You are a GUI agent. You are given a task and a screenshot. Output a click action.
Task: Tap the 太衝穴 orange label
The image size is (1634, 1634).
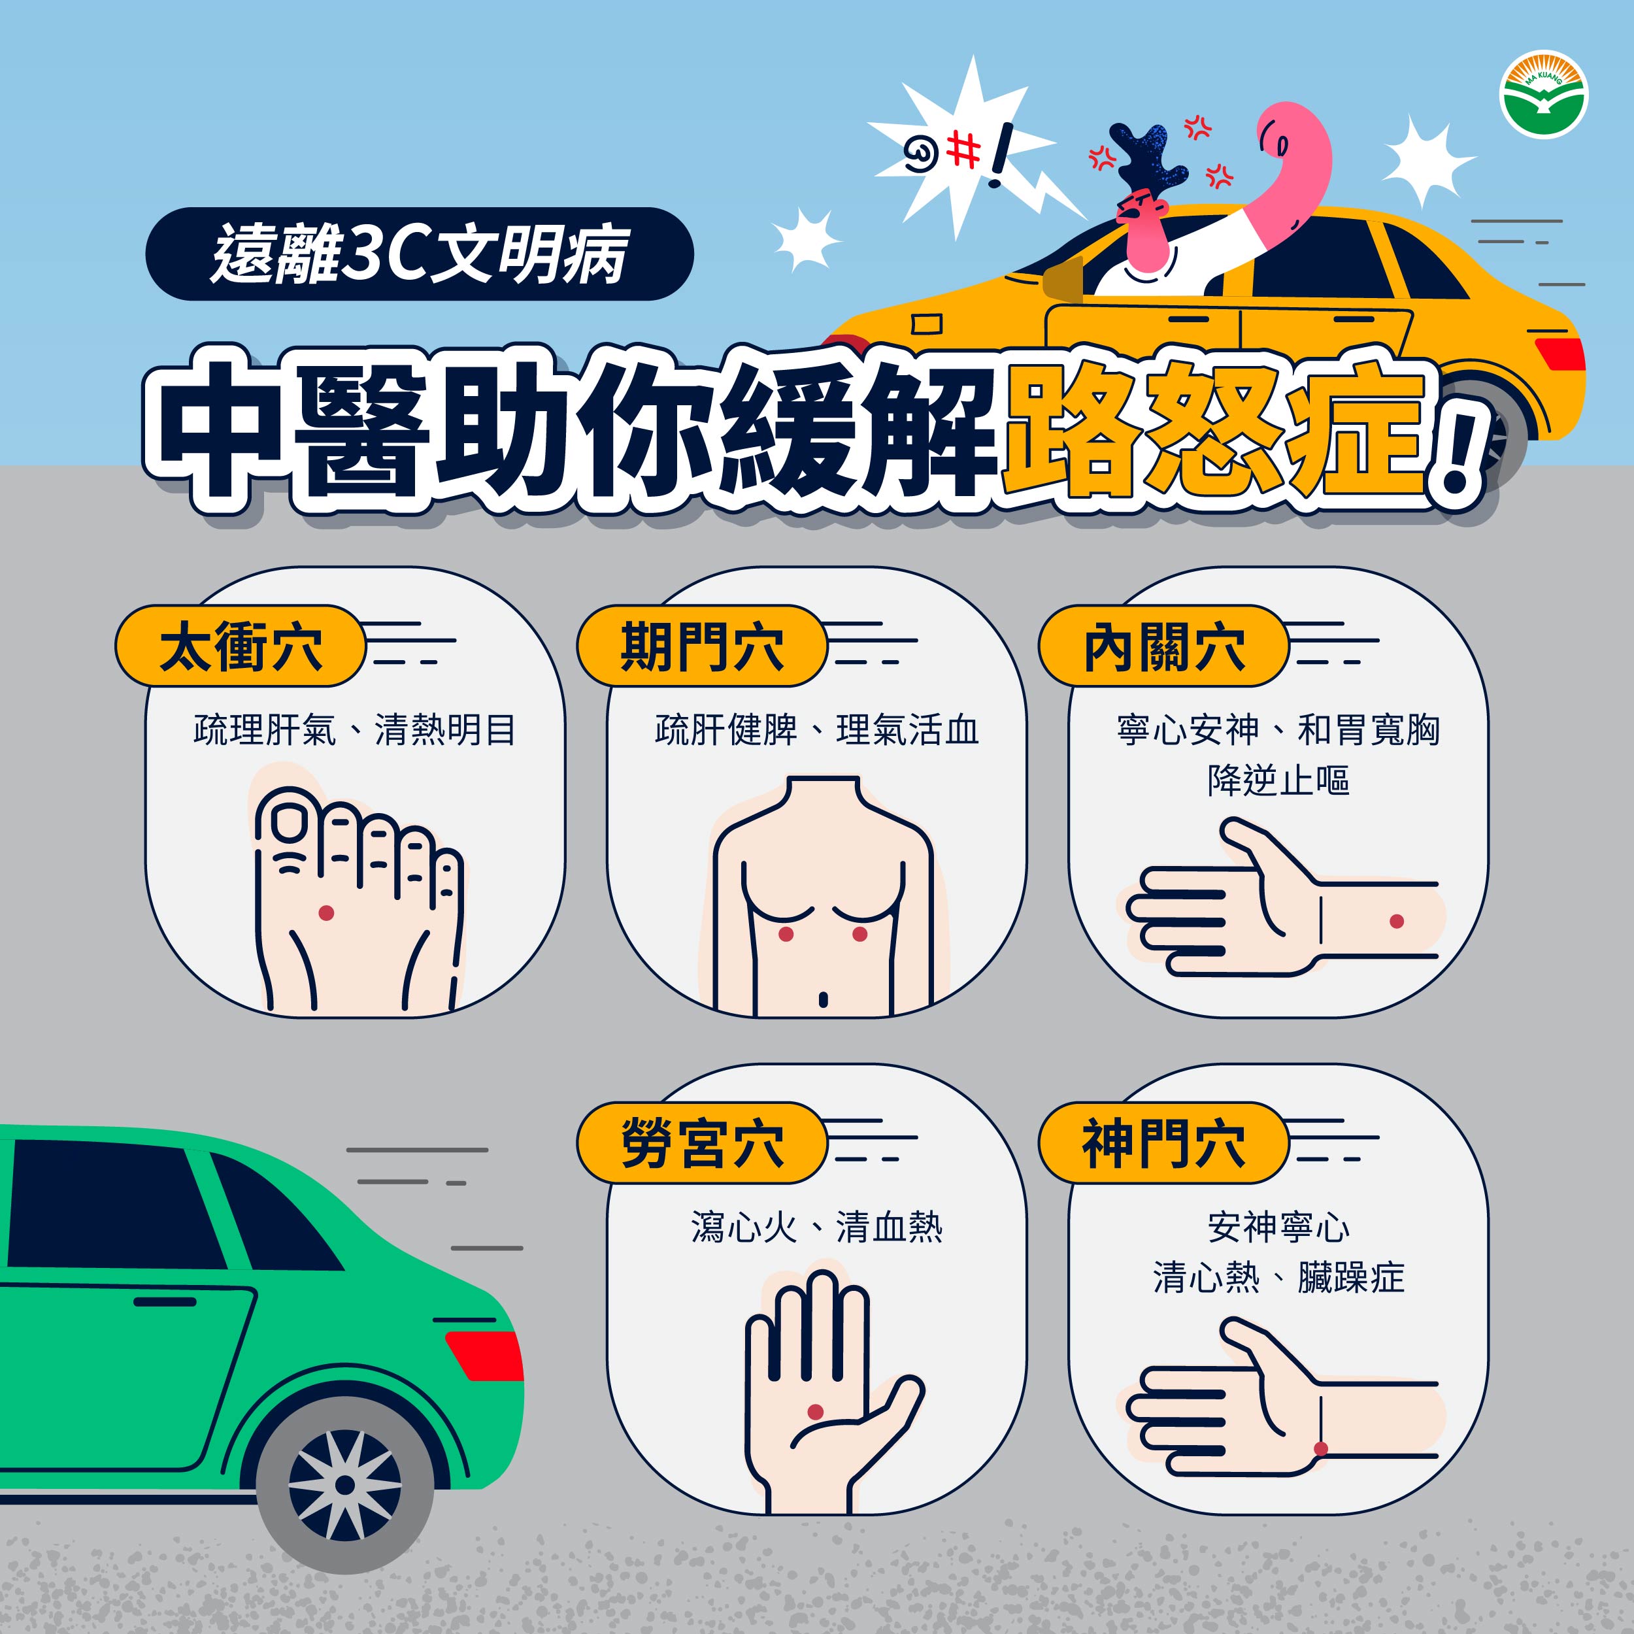pyautogui.click(x=241, y=646)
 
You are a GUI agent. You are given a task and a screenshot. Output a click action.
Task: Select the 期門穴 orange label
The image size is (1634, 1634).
pyautogui.click(x=702, y=646)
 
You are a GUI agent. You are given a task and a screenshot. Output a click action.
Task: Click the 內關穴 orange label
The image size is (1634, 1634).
pyautogui.click(x=1164, y=646)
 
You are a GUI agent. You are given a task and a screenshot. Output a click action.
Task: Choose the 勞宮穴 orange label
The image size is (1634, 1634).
pyautogui.click(x=702, y=1142)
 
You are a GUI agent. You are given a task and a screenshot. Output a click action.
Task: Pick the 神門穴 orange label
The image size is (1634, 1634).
pyautogui.click(x=1164, y=1142)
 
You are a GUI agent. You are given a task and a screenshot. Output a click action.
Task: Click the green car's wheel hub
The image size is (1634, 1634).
pyautogui.click(x=345, y=1486)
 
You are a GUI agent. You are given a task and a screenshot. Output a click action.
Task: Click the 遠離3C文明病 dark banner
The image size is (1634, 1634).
pyautogui.click(x=420, y=254)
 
